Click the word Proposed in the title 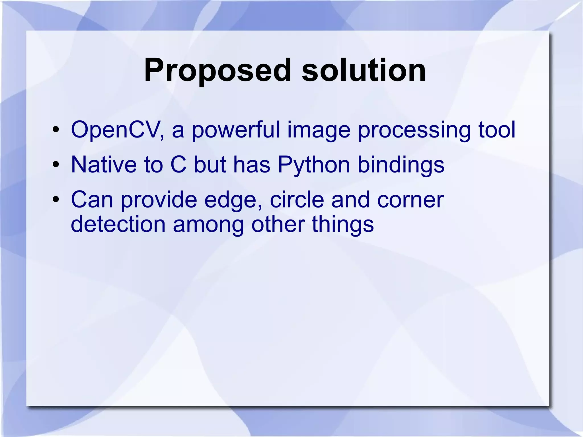point(218,70)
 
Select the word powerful point(236,130)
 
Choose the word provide point(159,200)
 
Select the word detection point(118,224)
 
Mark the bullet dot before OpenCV point(56,130)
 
